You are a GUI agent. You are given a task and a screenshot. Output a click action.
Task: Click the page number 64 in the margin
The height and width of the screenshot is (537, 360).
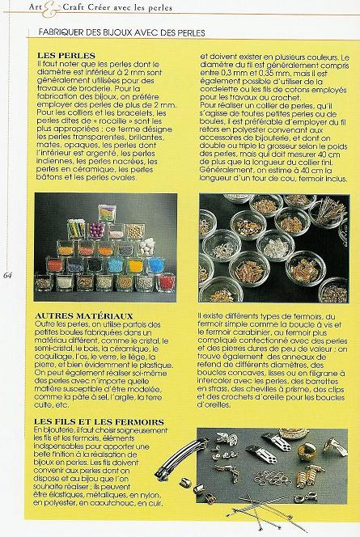coord(7,275)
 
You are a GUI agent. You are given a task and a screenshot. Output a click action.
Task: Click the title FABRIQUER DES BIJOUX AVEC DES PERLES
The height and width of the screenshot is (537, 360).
coord(115,33)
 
